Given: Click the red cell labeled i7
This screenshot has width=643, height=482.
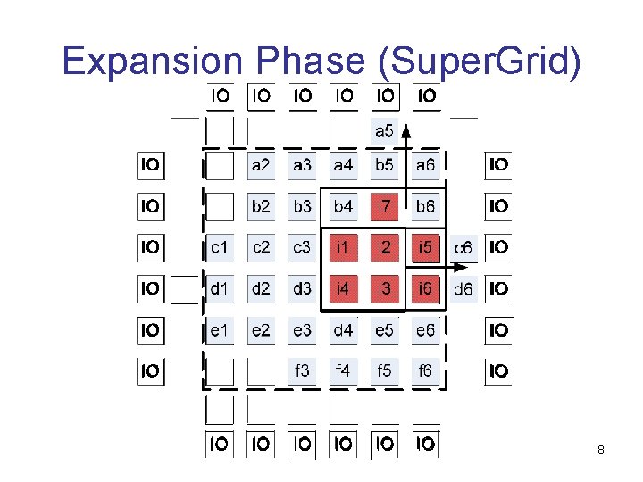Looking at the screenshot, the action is tap(384, 206).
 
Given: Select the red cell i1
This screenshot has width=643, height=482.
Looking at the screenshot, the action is tap(343, 247).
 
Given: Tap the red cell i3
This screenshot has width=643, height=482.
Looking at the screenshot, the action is tap(384, 288).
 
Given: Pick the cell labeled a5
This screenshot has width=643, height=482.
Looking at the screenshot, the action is tap(384, 131).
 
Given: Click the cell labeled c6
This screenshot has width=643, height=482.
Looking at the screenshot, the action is tap(463, 247).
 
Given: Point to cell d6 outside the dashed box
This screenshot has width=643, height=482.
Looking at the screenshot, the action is tap(463, 288).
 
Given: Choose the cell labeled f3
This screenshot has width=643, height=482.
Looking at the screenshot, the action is tap(302, 370).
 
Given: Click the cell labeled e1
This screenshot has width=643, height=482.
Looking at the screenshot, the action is tap(219, 330).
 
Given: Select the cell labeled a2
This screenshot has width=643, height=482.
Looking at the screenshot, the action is tap(261, 165).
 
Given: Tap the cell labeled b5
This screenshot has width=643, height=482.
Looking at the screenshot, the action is tap(384, 165).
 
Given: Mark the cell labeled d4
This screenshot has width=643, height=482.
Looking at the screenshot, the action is tap(343, 330).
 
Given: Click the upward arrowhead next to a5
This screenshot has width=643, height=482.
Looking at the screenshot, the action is tap(405, 128).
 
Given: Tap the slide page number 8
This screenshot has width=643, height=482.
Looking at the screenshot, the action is tap(601, 451).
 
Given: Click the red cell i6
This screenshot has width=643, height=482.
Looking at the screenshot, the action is tap(425, 288).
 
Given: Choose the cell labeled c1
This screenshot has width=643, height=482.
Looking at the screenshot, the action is tap(219, 247).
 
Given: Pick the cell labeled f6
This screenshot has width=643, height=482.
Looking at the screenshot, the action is tap(425, 370).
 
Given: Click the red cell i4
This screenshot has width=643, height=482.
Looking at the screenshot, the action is tap(343, 288).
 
